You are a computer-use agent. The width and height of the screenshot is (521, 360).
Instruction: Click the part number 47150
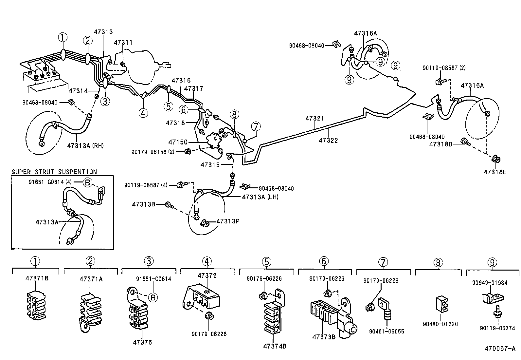click(178, 142)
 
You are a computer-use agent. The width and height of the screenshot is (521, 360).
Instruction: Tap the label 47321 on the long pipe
click(314, 118)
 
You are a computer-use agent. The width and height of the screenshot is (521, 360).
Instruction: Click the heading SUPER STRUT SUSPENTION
click(54, 172)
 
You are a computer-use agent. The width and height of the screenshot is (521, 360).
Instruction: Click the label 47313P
click(228, 221)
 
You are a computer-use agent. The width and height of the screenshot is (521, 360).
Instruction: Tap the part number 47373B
click(324, 337)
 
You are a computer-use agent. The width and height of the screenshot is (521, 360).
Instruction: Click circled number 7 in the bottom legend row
click(383, 262)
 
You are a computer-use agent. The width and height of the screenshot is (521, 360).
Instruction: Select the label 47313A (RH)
click(85, 146)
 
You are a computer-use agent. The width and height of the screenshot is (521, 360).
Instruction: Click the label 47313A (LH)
click(260, 197)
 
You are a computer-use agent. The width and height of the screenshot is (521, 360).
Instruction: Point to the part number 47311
click(123, 43)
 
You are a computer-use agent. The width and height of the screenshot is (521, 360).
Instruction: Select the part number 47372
click(207, 275)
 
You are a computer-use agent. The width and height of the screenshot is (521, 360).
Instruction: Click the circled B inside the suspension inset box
click(87, 182)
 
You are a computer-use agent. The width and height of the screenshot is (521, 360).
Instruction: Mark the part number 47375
click(142, 342)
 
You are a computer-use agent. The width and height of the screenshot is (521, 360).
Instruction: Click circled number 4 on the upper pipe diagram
click(143, 113)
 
